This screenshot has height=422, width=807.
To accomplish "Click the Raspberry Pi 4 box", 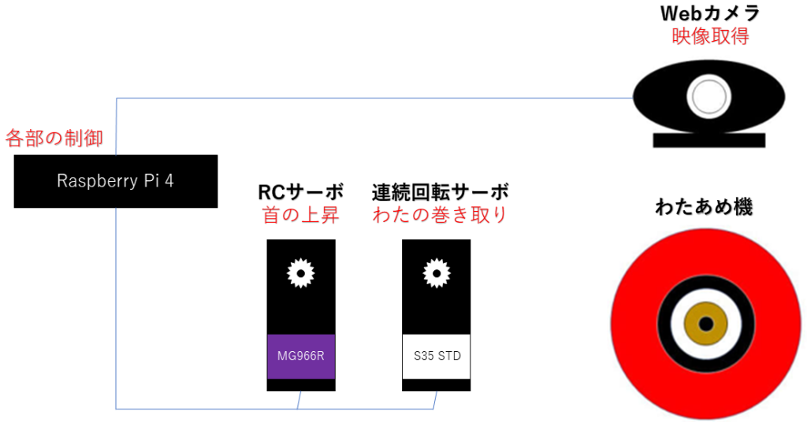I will tap(115, 181).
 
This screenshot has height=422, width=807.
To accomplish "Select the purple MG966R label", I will tap(301, 356).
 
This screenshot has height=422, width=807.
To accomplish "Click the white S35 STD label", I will tap(437, 356).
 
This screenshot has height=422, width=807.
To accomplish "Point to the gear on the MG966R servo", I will tap(300, 272).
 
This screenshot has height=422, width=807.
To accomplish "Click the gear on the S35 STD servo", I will tap(436, 272).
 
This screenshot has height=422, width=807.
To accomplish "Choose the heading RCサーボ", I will tap(300, 191).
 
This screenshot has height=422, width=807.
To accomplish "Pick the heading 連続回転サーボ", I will tap(440, 191).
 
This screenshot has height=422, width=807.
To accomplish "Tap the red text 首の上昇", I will tap(301, 214).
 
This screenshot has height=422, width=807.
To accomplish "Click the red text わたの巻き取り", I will tap(440, 214).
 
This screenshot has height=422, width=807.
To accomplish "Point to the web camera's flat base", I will tap(709, 140).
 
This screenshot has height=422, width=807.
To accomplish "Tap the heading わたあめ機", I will tap(704, 208).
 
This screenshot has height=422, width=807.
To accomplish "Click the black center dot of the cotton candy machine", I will tap(706, 324).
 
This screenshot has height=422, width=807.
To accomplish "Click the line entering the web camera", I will tap(623, 98).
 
